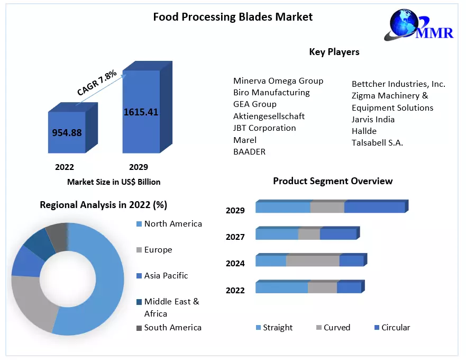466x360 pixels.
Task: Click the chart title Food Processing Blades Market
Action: point(233,17)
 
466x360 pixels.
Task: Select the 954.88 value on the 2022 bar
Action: point(67,132)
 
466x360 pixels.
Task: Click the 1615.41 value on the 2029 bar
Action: point(141,112)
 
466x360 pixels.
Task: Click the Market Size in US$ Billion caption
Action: point(114,182)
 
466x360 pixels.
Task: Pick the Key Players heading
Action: point(334,52)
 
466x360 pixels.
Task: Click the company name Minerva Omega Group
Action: point(278,81)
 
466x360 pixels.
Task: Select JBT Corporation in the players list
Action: point(264,128)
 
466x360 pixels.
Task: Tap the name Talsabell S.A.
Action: point(377,143)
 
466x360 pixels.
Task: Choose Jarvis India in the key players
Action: point(373,120)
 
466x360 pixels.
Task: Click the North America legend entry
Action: point(172,224)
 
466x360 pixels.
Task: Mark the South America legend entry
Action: point(172,328)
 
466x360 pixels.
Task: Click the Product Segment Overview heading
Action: point(333,181)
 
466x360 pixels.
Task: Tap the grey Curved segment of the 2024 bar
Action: point(313,261)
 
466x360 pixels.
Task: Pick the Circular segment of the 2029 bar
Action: point(374,208)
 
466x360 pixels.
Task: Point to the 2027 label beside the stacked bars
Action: point(235,237)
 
